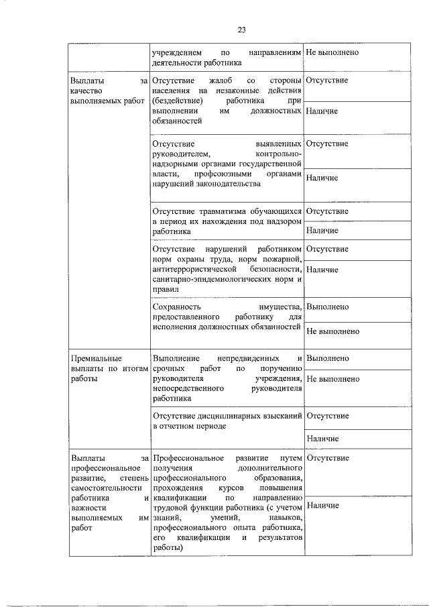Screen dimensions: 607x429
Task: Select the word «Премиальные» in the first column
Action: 96,359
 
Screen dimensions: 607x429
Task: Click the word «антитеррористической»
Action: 196,268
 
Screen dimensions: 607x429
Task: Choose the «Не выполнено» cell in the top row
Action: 332,52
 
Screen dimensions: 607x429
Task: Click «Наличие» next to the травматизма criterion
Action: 322,231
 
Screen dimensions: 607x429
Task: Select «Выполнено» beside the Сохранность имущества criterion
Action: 327,307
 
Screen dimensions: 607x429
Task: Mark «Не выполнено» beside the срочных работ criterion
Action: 332,379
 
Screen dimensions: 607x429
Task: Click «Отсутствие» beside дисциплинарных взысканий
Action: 327,417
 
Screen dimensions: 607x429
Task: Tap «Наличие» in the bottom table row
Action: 322,505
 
